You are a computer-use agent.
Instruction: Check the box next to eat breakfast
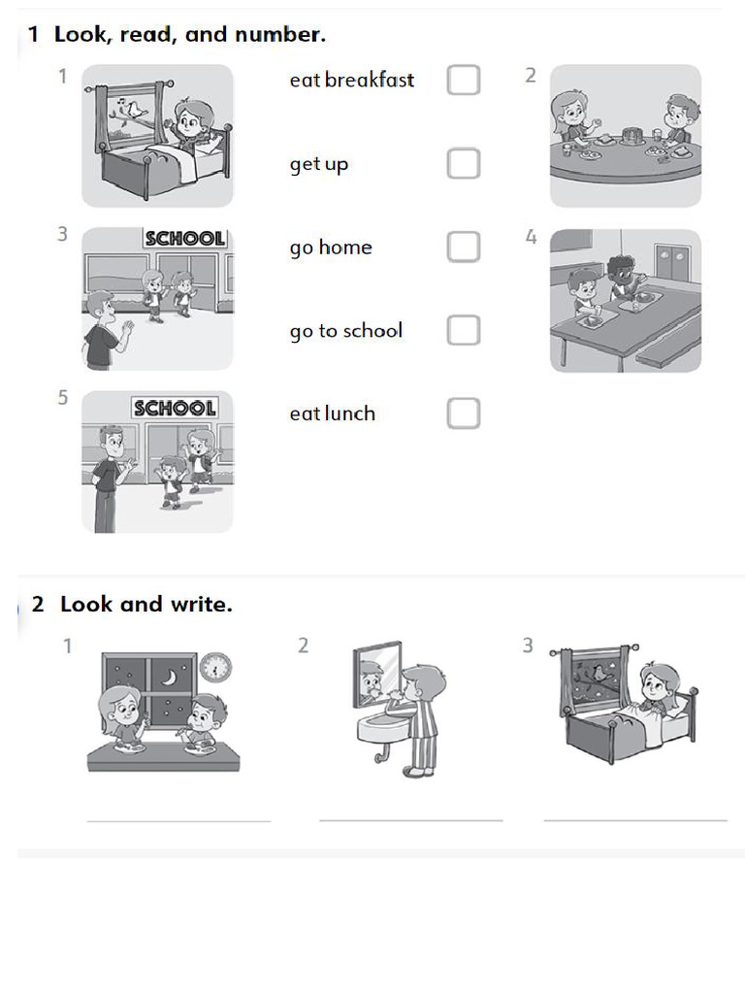point(464,80)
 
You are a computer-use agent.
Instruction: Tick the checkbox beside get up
point(464,163)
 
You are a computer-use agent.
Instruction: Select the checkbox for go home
point(464,247)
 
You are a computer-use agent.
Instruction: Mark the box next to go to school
point(464,330)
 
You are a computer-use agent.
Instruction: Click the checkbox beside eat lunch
point(464,414)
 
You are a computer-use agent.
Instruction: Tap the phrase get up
point(318,164)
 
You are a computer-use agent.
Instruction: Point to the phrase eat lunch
point(332,414)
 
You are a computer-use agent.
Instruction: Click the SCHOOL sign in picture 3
point(184,239)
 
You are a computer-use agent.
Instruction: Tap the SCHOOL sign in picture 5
point(175,408)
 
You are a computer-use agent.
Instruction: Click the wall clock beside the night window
point(215,668)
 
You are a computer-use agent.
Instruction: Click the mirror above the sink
point(376,673)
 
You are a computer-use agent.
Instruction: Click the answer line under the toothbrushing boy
point(410,819)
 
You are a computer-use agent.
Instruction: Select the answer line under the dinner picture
point(178,820)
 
